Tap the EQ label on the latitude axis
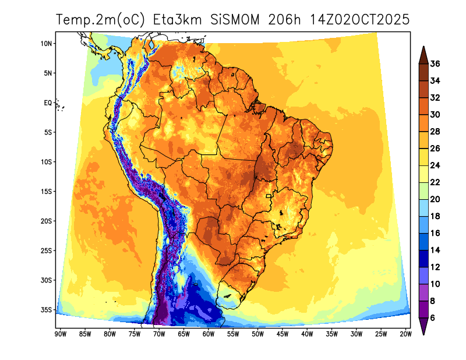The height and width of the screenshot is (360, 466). (x=48, y=103)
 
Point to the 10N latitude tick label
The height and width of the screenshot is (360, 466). (x=47, y=44)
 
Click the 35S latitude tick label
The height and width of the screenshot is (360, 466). (x=47, y=310)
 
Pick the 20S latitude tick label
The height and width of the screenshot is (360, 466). (x=47, y=221)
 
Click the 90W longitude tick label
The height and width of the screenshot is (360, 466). (x=59, y=334)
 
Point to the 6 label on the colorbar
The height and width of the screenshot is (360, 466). (x=432, y=318)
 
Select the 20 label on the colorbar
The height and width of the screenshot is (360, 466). (x=435, y=199)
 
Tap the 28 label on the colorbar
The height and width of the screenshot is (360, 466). (x=435, y=132)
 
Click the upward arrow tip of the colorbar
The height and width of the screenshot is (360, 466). (x=423, y=48)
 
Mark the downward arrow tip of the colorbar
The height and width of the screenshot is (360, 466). (x=423, y=334)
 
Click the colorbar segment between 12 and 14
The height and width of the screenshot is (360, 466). (x=423, y=259)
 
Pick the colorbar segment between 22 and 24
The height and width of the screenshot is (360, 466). (x=423, y=174)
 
